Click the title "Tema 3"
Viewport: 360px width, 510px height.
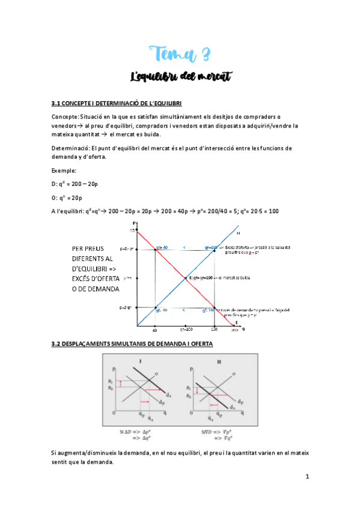[x=180, y=56]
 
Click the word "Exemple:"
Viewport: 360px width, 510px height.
[x=65, y=170]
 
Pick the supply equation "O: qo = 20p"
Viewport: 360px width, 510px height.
[x=69, y=197]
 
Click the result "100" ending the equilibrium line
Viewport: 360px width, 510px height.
[x=273, y=210]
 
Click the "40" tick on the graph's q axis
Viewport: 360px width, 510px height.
[x=155, y=330]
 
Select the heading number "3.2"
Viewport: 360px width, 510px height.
[x=59, y=344]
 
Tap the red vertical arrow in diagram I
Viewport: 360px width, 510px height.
[x=121, y=383]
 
